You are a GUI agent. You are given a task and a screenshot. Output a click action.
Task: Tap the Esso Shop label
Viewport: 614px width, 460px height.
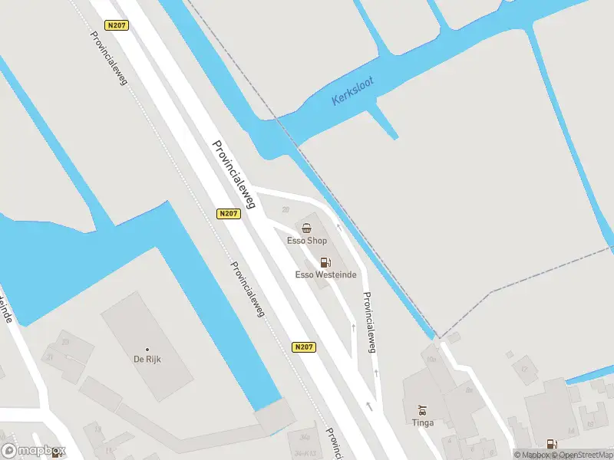(306, 241)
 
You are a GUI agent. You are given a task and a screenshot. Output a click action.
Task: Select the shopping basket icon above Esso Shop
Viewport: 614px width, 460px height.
(307, 228)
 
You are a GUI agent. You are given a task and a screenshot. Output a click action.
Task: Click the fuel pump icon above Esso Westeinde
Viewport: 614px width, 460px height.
(325, 262)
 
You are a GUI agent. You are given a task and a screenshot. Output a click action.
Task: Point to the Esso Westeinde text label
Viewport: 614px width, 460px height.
(326, 275)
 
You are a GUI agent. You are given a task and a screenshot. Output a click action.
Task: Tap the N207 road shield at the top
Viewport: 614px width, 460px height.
(117, 25)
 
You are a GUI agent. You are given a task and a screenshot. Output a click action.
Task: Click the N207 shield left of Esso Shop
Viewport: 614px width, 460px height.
(229, 214)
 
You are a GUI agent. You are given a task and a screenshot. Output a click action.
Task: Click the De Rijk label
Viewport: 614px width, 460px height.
(147, 359)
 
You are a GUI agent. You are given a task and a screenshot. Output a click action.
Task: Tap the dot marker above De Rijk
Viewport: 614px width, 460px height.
(147, 349)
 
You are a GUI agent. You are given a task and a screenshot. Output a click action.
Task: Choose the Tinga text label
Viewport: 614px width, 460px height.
(422, 422)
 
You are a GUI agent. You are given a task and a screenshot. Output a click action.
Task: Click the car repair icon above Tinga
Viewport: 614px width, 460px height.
(422, 409)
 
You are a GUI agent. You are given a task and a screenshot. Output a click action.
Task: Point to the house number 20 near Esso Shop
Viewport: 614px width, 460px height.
(286, 210)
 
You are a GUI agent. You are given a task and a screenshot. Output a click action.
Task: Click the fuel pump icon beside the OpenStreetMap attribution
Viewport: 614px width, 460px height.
(551, 444)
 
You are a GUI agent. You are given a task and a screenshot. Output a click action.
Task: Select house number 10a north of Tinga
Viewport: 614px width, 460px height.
(431, 359)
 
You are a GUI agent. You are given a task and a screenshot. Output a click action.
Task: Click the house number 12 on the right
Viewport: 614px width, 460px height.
(525, 370)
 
